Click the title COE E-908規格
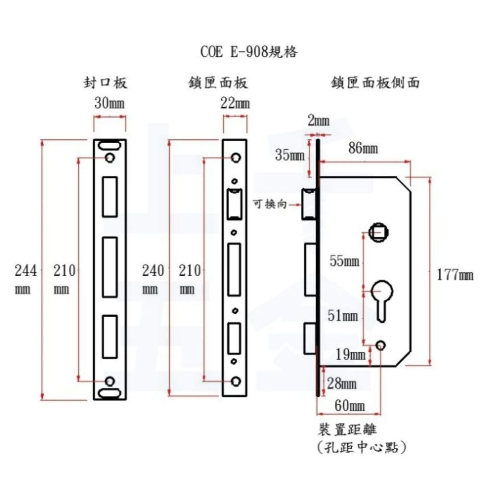pyautogui.click(x=249, y=52)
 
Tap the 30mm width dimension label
pyautogui.click(x=110, y=103)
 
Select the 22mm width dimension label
pyautogui.click(x=235, y=103)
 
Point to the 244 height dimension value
pyautogui.click(x=26, y=271)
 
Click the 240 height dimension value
pyautogui.click(x=153, y=271)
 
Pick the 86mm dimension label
pyautogui.click(x=363, y=148)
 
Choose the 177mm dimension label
pyautogui.click(x=455, y=275)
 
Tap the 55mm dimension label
pyautogui.click(x=344, y=261)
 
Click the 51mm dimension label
pyautogui.click(x=343, y=315)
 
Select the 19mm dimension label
pyautogui.click(x=350, y=355)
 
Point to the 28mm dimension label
pyautogui.click(x=342, y=383)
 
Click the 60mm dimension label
pyautogui.click(x=350, y=406)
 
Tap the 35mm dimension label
pyautogui.click(x=290, y=155)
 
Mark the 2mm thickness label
pyautogui.click(x=319, y=121)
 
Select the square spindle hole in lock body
pyautogui.click(x=379, y=233)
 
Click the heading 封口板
pyautogui.click(x=105, y=83)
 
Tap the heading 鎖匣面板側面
pyautogui.click(x=375, y=83)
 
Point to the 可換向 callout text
pyautogui.click(x=270, y=204)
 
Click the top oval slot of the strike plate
pyautogui.click(x=110, y=145)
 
